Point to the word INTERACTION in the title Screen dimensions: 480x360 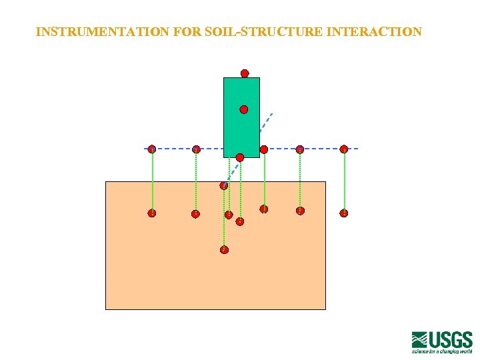click(x=374, y=32)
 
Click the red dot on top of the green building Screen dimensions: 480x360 click(x=245, y=73)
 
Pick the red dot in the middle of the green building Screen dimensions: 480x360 click(x=244, y=109)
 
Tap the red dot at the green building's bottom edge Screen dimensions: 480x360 click(x=240, y=157)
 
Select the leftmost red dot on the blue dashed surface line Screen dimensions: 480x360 click(x=152, y=149)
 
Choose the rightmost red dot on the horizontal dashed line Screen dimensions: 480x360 click(x=344, y=149)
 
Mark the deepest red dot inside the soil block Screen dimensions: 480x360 click(x=224, y=250)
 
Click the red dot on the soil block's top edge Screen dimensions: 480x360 click(x=224, y=185)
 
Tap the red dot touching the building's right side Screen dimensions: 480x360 click(x=264, y=149)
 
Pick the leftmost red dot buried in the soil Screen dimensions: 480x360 click(x=152, y=213)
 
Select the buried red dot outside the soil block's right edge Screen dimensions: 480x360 click(x=344, y=213)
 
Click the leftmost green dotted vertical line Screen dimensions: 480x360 click(x=152, y=180)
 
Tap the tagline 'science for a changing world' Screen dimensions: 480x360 click(x=442, y=351)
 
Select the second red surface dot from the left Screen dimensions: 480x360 click(x=196, y=149)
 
